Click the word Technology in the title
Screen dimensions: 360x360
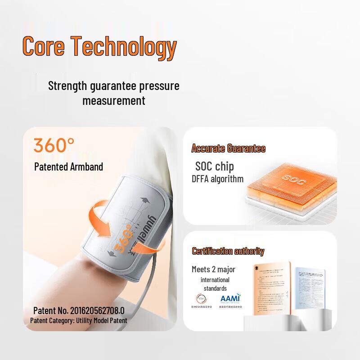pos(124,47)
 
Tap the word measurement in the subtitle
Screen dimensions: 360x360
pos(113,100)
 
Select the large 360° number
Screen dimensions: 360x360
pos(54,145)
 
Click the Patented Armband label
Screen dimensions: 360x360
pos(68,167)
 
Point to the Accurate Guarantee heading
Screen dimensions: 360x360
pos(228,148)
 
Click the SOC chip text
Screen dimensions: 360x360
pos(214,166)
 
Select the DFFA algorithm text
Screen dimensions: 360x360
pos(217,179)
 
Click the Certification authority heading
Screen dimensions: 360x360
pos(228,251)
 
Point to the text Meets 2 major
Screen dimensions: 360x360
pos(213,270)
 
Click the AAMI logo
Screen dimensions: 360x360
pos(230,299)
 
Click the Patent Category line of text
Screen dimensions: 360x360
pos(78,321)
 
